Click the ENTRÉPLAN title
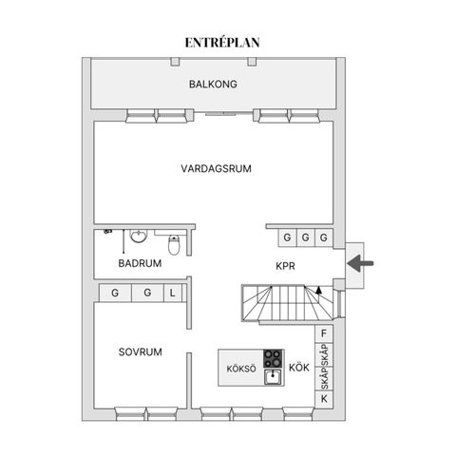click(x=222, y=43)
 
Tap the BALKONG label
click(x=213, y=85)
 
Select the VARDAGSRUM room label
click(x=217, y=168)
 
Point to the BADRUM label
click(x=140, y=263)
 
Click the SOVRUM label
click(x=141, y=351)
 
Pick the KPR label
click(x=285, y=266)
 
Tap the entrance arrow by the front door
click(x=360, y=263)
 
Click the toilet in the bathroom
click(x=174, y=245)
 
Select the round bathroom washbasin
click(x=139, y=237)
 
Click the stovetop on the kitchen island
click(x=273, y=358)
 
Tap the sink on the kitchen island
click(x=273, y=377)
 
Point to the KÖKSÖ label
click(x=241, y=369)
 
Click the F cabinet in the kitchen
click(x=324, y=333)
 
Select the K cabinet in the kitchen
click(x=324, y=399)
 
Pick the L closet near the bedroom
click(x=173, y=293)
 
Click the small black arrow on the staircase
click(x=319, y=290)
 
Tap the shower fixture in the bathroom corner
click(x=108, y=232)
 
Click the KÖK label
click(x=299, y=368)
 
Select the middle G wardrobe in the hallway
click(x=306, y=237)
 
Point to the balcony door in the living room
click(x=224, y=113)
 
